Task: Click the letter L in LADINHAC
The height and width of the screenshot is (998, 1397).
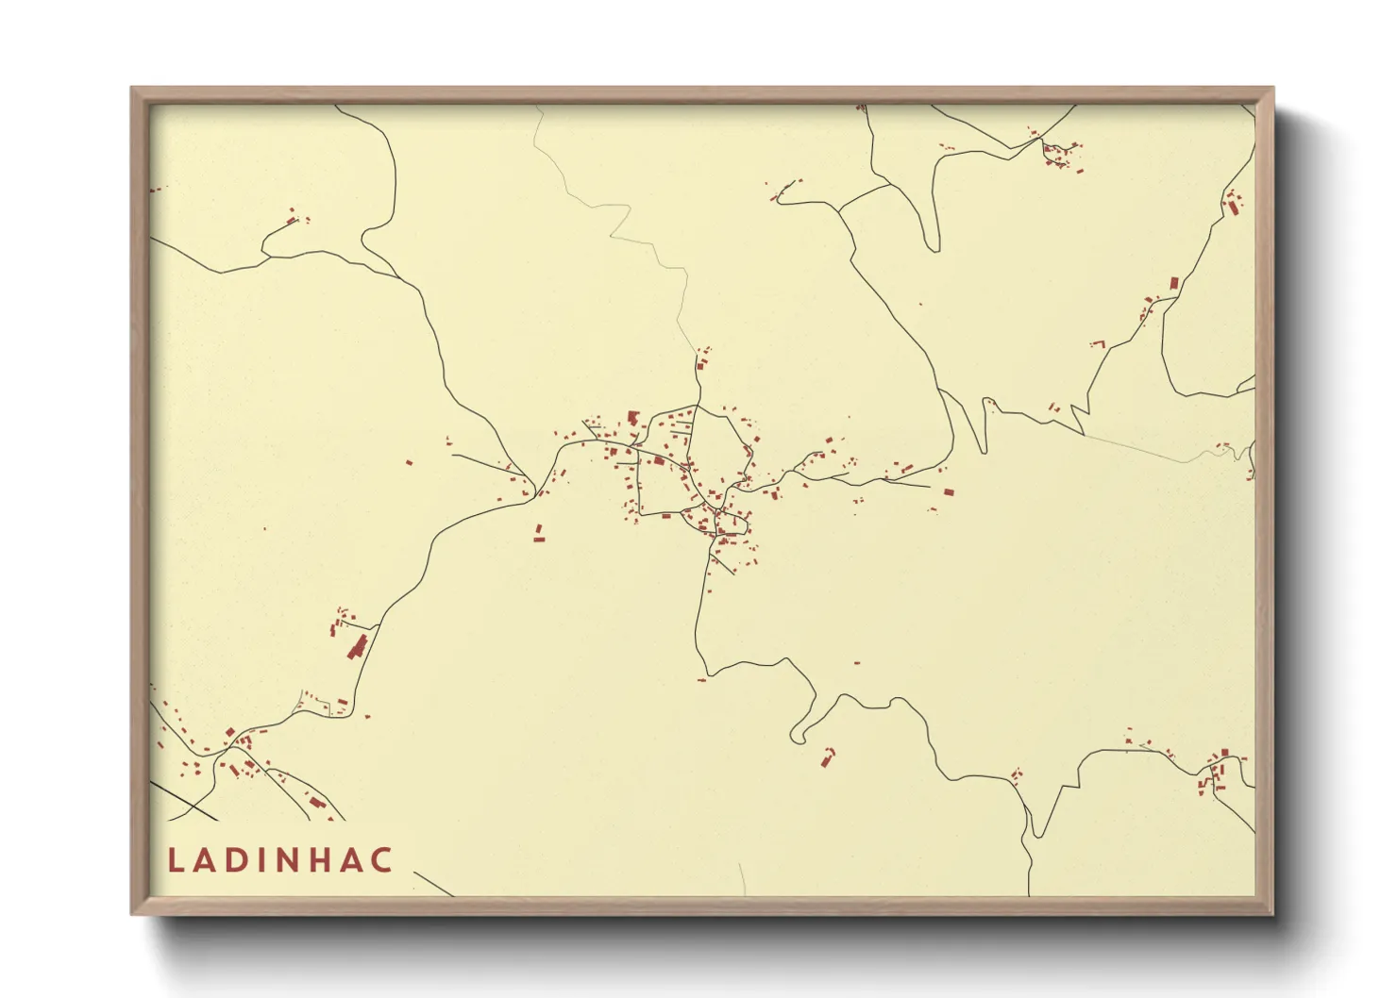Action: pos(176,860)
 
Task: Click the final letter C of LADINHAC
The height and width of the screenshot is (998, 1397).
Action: pos(381,860)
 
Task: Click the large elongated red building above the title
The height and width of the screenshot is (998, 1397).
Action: pos(358,647)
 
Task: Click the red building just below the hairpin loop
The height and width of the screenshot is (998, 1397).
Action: pos(829,757)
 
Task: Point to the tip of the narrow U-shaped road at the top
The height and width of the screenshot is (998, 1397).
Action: pos(933,247)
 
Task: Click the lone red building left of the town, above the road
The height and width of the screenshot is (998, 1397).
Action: pos(410,462)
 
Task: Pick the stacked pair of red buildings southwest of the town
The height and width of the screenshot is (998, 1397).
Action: pos(539,534)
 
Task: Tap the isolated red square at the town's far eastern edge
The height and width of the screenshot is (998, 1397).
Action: pos(947,491)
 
